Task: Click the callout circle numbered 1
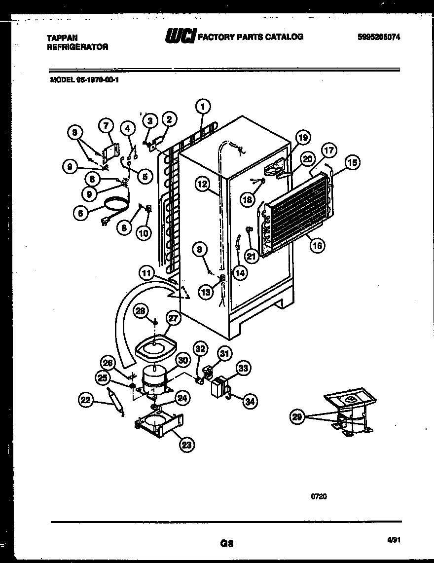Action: click(203, 106)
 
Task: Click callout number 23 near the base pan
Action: click(187, 445)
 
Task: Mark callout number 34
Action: click(251, 401)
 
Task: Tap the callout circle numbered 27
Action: click(173, 319)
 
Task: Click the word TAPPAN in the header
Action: click(61, 38)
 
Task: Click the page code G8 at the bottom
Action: click(226, 544)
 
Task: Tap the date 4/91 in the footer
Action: click(393, 541)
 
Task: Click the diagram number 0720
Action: click(319, 496)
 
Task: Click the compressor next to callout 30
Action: click(154, 380)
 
